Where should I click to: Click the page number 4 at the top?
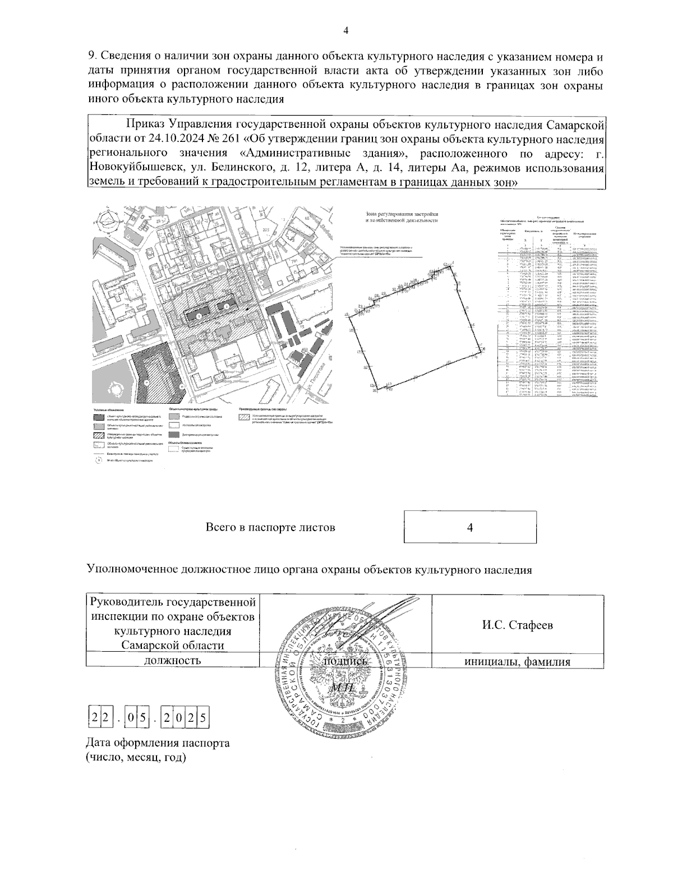(x=345, y=30)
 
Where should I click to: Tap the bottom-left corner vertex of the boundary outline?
(x=371, y=386)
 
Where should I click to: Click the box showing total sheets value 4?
(x=471, y=527)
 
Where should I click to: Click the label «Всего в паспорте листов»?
(x=270, y=527)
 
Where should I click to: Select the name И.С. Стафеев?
(x=517, y=625)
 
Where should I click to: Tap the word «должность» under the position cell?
(x=172, y=661)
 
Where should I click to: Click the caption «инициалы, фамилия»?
(x=517, y=662)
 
